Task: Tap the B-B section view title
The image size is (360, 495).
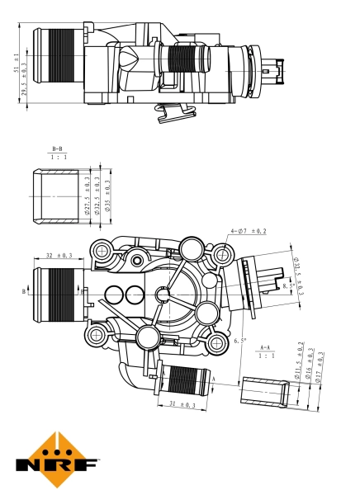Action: click(x=57, y=151)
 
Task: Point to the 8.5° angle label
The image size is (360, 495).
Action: click(x=288, y=285)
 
